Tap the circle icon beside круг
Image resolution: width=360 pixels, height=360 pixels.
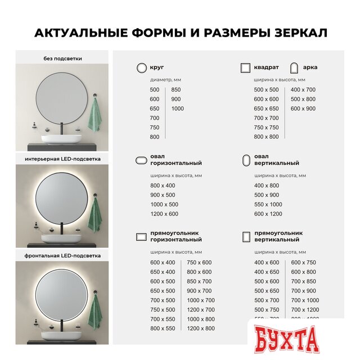pos(141,67)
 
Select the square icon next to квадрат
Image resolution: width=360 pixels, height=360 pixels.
pos(245,67)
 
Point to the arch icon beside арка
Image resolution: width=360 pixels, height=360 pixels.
pos(292,67)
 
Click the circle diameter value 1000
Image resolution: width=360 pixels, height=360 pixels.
pos(178,109)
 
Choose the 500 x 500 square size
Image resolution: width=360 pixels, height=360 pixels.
pos(266,90)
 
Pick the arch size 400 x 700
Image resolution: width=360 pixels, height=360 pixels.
pos(303,90)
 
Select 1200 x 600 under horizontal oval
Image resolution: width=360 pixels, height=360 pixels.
pos(164,214)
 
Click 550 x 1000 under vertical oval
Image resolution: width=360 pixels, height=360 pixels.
pos(268,204)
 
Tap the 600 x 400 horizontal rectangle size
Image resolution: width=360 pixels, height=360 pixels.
pos(163,263)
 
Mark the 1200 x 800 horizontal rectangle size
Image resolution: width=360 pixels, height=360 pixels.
pos(200,328)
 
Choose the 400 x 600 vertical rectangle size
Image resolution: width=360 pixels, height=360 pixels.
pos(267,263)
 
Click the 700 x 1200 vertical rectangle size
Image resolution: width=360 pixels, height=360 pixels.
pos(305,310)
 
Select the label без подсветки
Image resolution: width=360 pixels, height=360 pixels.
pos(62,58)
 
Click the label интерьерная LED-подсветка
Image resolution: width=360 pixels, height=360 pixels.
pos(62,159)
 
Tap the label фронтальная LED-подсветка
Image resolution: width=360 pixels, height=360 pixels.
pos(62,255)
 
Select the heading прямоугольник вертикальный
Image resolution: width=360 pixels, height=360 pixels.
pos(277,236)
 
